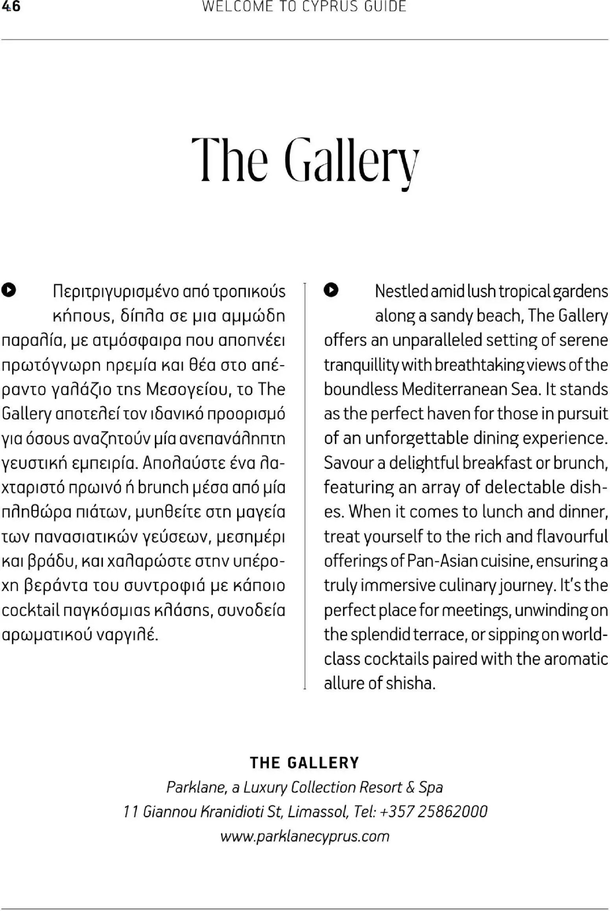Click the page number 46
click(x=11, y=7)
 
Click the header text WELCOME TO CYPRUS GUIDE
click(x=304, y=7)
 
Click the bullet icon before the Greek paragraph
click(x=8, y=290)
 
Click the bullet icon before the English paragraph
click(x=331, y=290)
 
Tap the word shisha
click(x=410, y=683)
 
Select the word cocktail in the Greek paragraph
click(x=30, y=610)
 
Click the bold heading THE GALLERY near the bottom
click(x=305, y=763)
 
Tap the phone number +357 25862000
click(x=433, y=812)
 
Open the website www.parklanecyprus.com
click(x=305, y=836)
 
